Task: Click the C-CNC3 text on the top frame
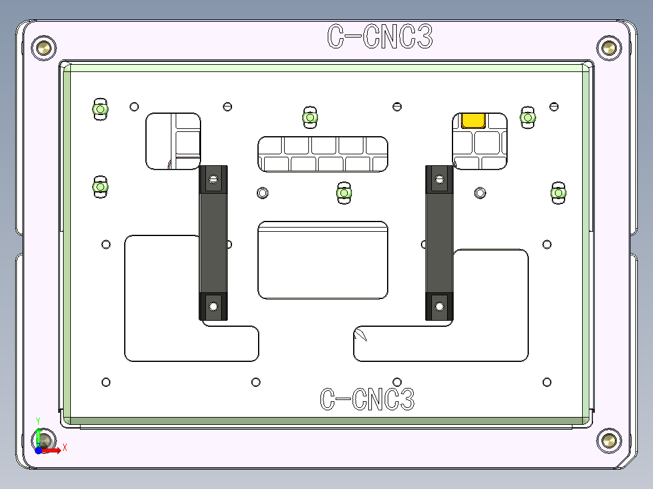click(380, 37)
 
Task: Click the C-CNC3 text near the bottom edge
click(367, 399)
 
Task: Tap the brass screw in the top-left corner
click(44, 47)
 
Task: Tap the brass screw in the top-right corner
click(608, 47)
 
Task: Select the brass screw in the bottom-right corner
click(608, 440)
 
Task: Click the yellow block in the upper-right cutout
click(473, 120)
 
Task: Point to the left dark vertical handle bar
click(213, 242)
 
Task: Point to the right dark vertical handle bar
click(439, 242)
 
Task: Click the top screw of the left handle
click(213, 179)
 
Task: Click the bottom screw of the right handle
click(439, 306)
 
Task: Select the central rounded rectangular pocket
click(323, 260)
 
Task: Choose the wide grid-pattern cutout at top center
click(323, 154)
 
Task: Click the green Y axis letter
click(38, 420)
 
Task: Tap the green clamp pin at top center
click(310, 117)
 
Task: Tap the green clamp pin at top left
click(100, 109)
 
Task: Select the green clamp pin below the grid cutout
click(344, 193)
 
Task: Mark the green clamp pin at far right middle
click(558, 193)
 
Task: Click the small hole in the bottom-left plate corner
click(106, 382)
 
